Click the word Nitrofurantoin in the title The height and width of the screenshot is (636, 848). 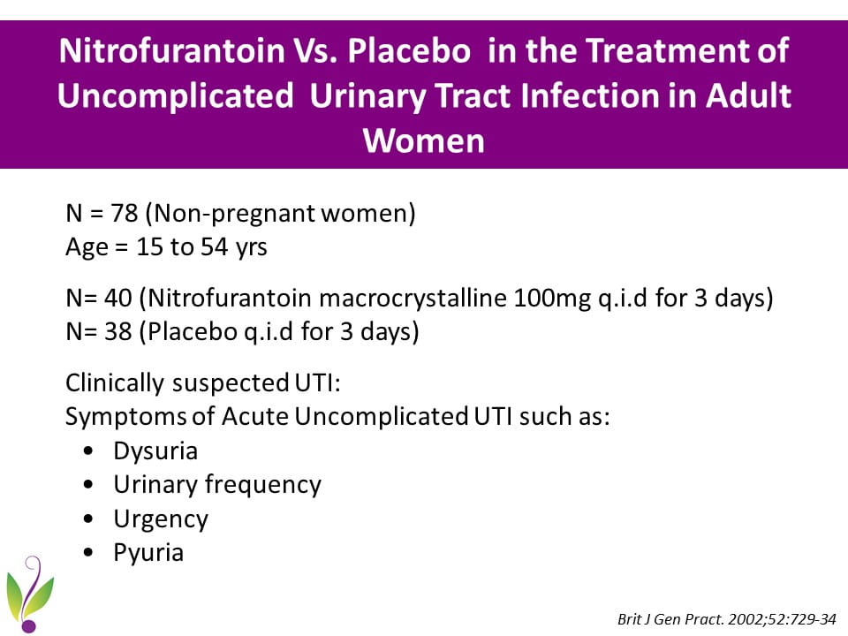[x=172, y=50]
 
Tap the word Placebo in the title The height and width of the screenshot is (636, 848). [x=409, y=50]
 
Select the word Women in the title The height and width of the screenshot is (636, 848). [x=423, y=140]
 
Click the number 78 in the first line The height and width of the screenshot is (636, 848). [x=124, y=213]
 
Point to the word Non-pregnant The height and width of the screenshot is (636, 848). [x=235, y=214]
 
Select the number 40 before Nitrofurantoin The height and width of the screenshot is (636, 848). [x=117, y=298]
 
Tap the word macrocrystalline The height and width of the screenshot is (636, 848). [x=413, y=298]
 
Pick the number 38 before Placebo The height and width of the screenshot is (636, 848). [x=117, y=331]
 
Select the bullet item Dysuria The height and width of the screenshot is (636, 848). [x=155, y=451]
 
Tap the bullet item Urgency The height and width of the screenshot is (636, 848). [x=161, y=519]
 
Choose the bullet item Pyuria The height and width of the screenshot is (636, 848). [x=148, y=553]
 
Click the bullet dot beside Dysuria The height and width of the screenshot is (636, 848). [x=88, y=451]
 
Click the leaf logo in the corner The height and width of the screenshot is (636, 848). [x=30, y=594]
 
